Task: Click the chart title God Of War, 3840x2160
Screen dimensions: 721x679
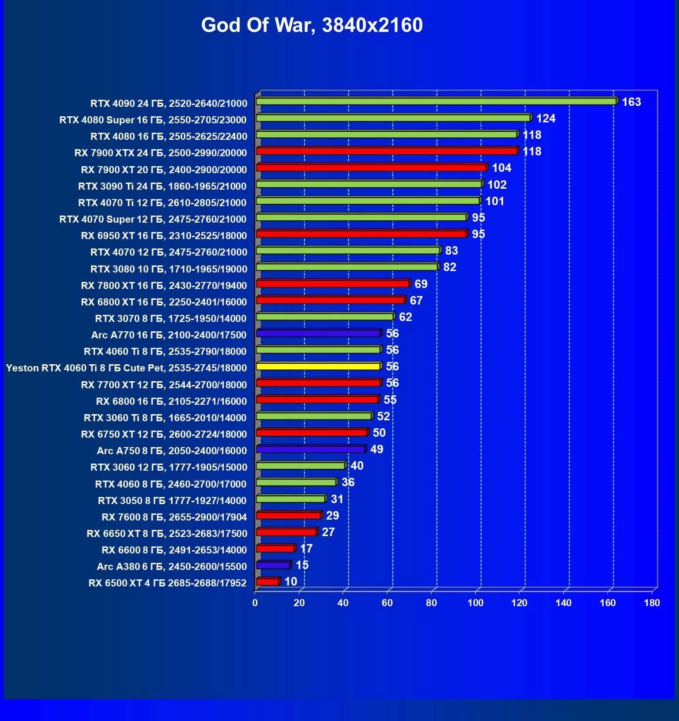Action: (x=312, y=25)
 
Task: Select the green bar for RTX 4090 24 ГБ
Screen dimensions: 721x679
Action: (x=436, y=102)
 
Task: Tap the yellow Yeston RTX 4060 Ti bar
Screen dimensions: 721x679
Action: (x=318, y=366)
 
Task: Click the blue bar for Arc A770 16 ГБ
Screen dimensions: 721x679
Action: (x=318, y=333)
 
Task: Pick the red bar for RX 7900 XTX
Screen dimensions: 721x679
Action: (x=386, y=151)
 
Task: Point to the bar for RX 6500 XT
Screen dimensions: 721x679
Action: (x=267, y=582)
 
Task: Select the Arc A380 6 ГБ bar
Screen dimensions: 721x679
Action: (x=273, y=565)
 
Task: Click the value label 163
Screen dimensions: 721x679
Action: (x=631, y=102)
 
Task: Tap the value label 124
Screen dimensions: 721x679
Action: (x=546, y=119)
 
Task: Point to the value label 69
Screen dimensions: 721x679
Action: (x=421, y=284)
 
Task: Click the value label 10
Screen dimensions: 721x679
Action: (x=291, y=582)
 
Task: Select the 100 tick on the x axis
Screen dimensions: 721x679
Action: (x=475, y=603)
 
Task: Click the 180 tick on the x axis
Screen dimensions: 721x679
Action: (x=652, y=603)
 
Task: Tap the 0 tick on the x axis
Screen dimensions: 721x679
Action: (x=255, y=603)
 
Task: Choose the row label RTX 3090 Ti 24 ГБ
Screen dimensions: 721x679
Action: (x=162, y=186)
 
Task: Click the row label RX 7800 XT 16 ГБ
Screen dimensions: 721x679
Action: (x=164, y=286)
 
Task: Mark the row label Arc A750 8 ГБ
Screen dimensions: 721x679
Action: (x=172, y=451)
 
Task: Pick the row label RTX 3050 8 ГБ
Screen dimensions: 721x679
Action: (x=172, y=501)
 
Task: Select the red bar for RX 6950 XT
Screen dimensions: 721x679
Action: (x=361, y=234)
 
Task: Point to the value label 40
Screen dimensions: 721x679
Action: (x=357, y=466)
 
